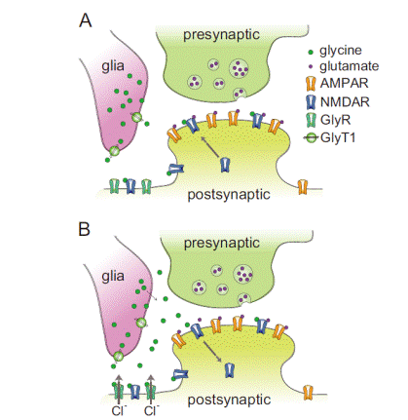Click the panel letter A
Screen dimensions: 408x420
pyautogui.click(x=86, y=20)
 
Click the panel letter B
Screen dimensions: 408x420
pyautogui.click(x=85, y=229)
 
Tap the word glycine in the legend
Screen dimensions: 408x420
pyautogui.click(x=341, y=51)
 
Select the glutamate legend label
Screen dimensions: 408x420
pyautogui.click(x=350, y=66)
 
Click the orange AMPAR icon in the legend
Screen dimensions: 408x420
pyautogui.click(x=311, y=84)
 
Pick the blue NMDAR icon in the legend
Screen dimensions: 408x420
pyautogui.click(x=311, y=102)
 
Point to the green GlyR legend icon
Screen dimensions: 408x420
pyautogui.click(x=311, y=120)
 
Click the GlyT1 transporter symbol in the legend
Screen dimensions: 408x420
pyautogui.click(x=312, y=138)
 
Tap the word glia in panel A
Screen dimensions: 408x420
pyautogui.click(x=113, y=66)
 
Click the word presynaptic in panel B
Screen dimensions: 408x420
pyautogui.click(x=222, y=243)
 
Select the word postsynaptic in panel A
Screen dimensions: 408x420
pyautogui.click(x=229, y=194)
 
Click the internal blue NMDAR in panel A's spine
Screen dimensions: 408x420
pyautogui.click(x=225, y=165)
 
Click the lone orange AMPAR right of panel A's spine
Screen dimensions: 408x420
pyautogui.click(x=303, y=187)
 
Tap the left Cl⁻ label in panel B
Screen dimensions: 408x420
pyautogui.click(x=119, y=410)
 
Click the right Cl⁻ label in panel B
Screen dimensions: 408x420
pyautogui.click(x=151, y=410)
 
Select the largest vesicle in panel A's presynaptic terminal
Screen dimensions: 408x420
pyautogui.click(x=239, y=68)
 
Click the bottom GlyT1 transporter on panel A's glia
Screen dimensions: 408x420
pyautogui.click(x=114, y=151)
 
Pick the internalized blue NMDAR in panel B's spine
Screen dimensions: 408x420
pyautogui.click(x=230, y=370)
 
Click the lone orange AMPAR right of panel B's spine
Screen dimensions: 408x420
pyautogui.click(x=308, y=393)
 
